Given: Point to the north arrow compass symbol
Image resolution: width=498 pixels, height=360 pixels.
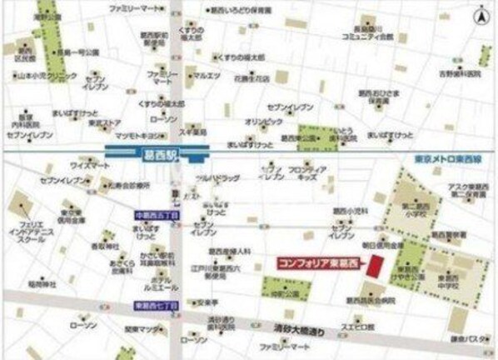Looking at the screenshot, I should coord(481,15).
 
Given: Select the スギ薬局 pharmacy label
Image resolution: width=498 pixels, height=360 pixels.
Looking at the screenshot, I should coord(194,131).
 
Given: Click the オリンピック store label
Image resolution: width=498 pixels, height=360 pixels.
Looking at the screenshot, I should coord(258,121).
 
